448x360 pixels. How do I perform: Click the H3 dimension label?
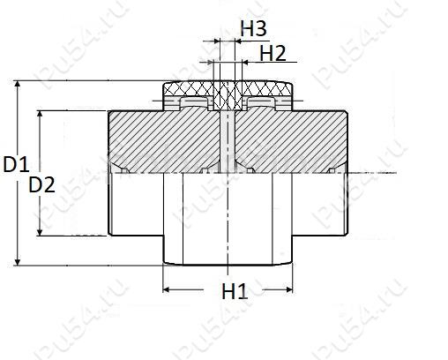(x=253, y=29)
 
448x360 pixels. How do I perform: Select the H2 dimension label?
(x=273, y=54)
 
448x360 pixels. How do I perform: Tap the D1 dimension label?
(x=16, y=164)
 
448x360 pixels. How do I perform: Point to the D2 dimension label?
(x=41, y=184)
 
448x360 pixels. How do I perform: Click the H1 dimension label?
(x=235, y=291)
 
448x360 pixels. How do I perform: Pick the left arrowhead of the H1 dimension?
(x=167, y=289)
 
